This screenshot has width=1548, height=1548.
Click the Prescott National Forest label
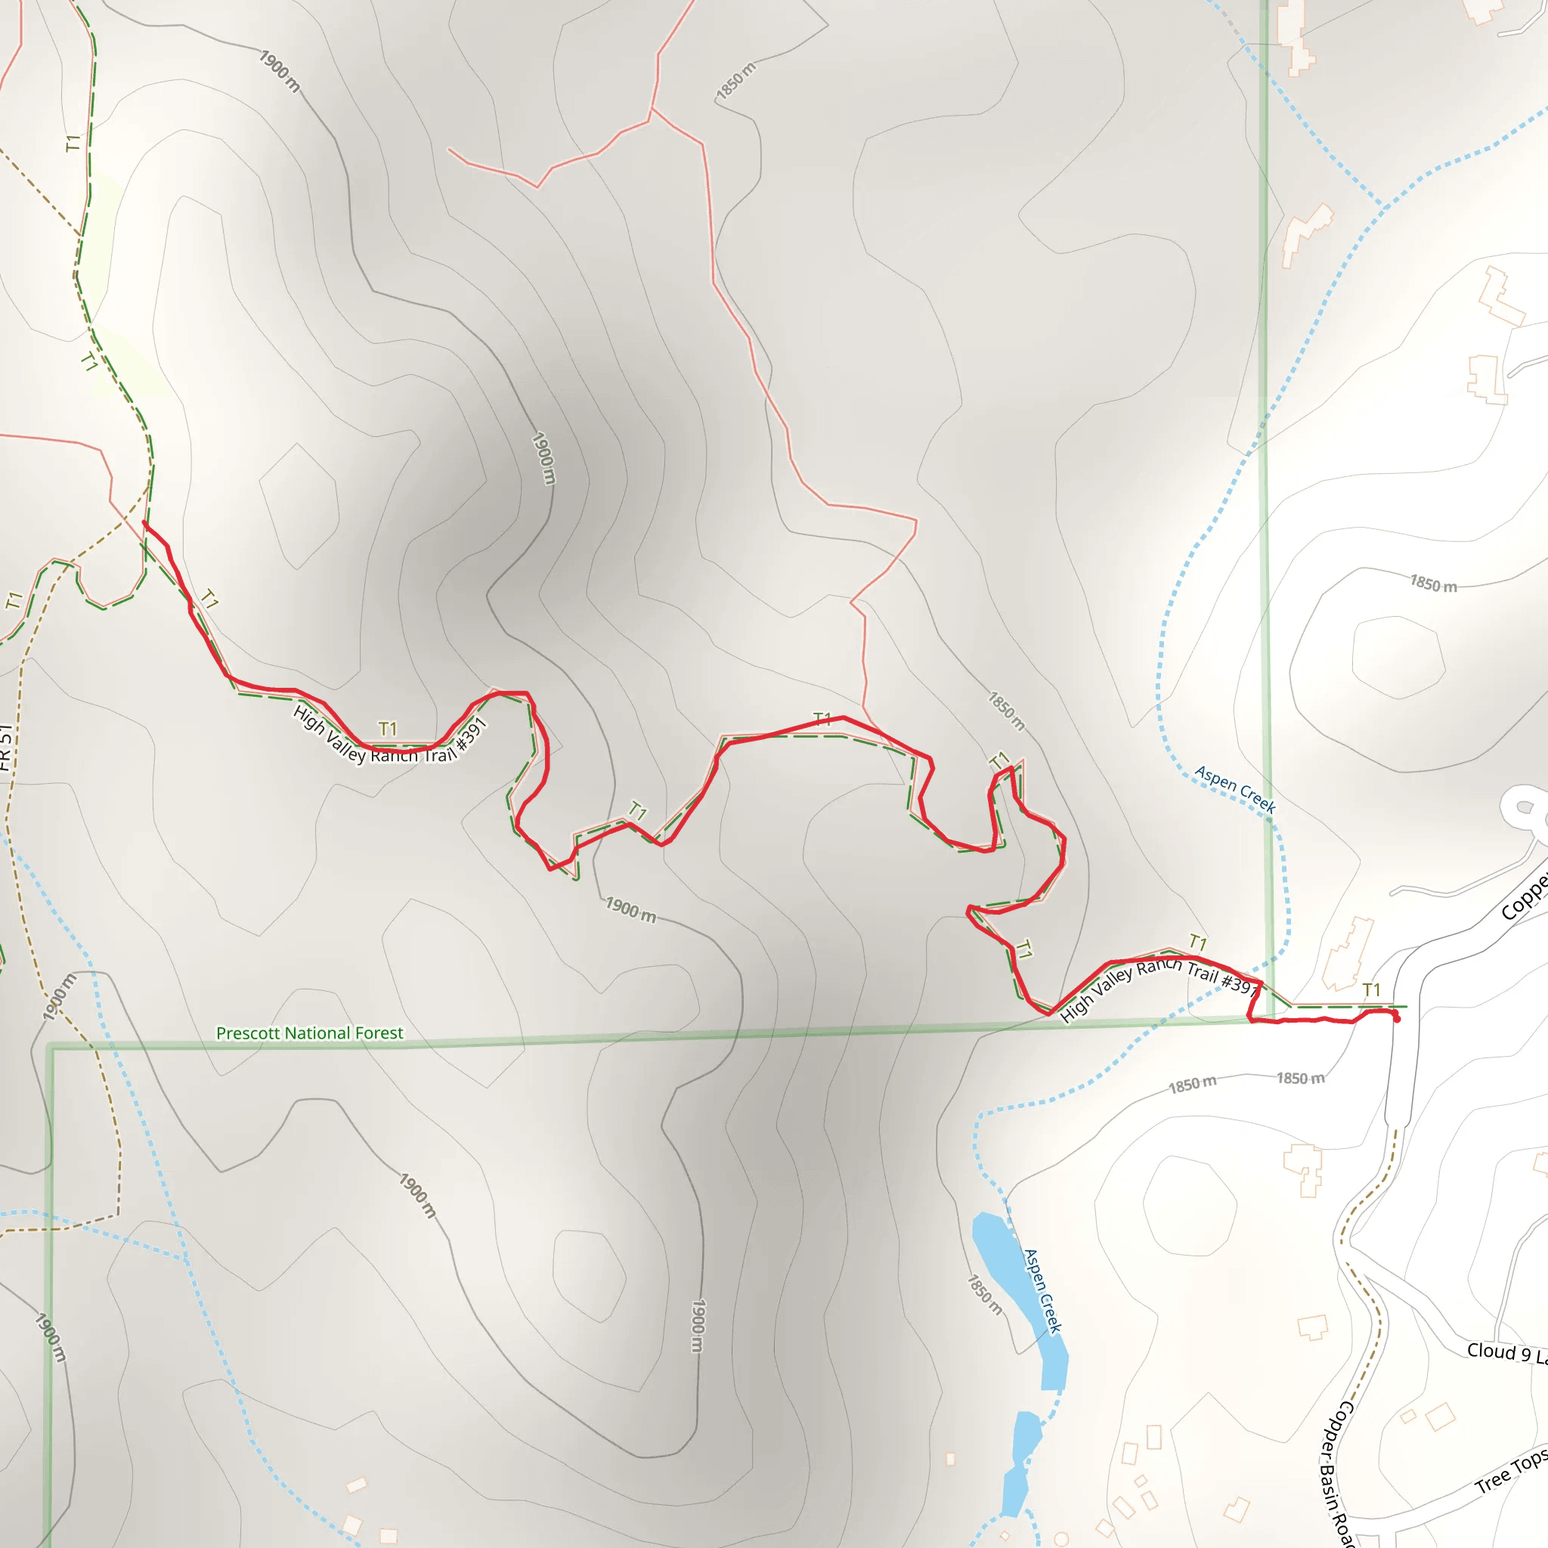click(309, 1033)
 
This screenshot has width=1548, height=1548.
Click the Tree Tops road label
click(1511, 1472)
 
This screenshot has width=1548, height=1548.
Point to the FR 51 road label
click(6, 747)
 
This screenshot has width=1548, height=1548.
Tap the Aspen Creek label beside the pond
click(1042, 1291)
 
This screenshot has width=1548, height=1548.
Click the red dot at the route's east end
click(1397, 1019)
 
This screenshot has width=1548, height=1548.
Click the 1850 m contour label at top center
click(735, 82)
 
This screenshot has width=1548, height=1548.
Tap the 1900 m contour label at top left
click(280, 70)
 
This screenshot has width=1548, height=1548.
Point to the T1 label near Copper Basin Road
click(1371, 989)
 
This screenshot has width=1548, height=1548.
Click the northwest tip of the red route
click(144, 522)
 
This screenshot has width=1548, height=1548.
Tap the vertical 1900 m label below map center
click(698, 1326)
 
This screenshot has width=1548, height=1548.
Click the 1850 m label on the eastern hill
click(1432, 584)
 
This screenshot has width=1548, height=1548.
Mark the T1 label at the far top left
click(73, 144)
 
